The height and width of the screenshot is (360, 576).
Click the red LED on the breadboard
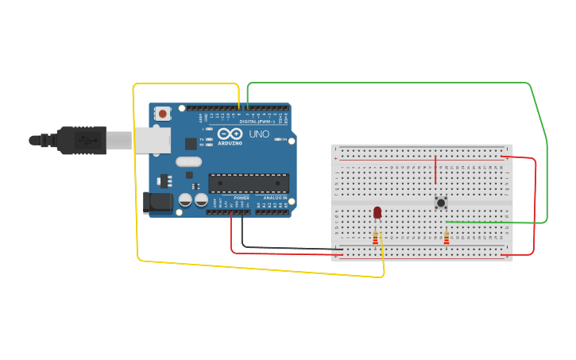click(377, 212)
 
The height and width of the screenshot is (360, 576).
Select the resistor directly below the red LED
click(375, 238)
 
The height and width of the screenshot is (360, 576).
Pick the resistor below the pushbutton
click(446, 238)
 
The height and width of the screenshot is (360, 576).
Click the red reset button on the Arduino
click(163, 114)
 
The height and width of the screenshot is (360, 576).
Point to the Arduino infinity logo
click(230, 134)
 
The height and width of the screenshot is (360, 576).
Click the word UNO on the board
click(259, 134)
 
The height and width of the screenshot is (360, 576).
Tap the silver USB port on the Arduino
click(151, 141)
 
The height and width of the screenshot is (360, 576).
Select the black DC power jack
click(157, 202)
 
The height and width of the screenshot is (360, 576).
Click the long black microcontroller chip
click(248, 183)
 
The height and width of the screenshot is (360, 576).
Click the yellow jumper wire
click(137, 175)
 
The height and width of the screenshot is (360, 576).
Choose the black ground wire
click(286, 248)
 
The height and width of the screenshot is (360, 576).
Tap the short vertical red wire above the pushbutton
click(435, 169)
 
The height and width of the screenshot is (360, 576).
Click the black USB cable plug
click(79, 141)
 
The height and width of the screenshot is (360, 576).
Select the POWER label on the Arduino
click(242, 197)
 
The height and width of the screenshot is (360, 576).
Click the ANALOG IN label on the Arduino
click(275, 197)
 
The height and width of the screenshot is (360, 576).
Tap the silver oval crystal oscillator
click(189, 161)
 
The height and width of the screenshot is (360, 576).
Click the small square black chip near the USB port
click(191, 144)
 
